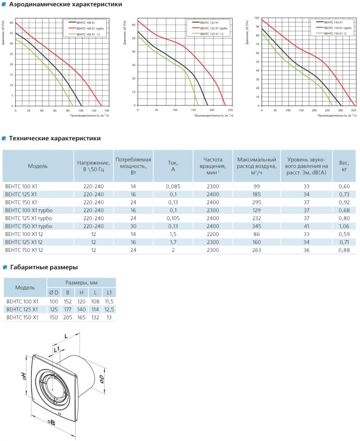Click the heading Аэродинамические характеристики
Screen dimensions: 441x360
point(62,5)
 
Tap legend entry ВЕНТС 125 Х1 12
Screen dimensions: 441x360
point(213,33)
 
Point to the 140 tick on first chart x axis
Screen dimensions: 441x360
point(107,111)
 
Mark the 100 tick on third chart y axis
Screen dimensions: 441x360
point(257,18)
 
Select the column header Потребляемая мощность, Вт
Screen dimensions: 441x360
point(133,165)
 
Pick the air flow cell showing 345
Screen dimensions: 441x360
point(257,226)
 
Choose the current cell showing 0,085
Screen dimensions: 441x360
point(173,186)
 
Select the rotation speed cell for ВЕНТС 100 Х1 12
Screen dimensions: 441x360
point(213,234)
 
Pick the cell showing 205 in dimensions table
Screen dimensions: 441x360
point(68,317)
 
